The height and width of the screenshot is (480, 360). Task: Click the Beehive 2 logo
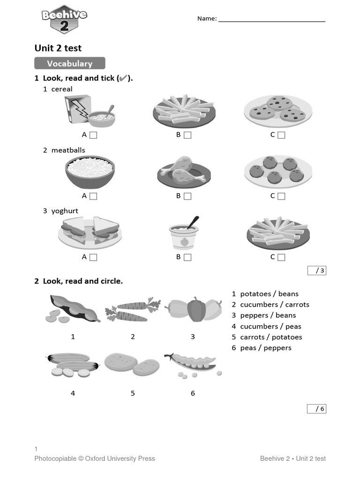click(64, 20)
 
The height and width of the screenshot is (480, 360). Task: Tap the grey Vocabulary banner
click(69, 63)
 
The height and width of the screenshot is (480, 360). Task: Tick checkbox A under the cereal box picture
click(93, 135)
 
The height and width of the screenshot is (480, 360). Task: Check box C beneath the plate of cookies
click(281, 135)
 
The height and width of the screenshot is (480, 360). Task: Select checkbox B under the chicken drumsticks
click(187, 196)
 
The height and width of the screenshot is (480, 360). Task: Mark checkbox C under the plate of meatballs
click(281, 196)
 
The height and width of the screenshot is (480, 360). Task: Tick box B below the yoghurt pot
click(187, 257)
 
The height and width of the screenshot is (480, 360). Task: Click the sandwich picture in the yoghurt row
click(90, 232)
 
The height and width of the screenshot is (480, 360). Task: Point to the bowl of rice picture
click(90, 172)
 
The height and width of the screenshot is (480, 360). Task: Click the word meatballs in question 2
click(68, 150)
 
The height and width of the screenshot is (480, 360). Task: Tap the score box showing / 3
click(316, 270)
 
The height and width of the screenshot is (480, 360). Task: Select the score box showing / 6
click(316, 409)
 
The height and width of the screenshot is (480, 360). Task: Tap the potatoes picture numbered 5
click(132, 365)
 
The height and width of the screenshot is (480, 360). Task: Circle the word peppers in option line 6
click(278, 348)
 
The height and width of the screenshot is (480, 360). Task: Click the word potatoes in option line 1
click(255, 294)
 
